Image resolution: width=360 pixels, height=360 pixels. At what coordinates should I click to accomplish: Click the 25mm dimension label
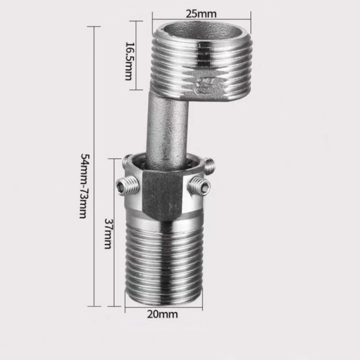pyautogui.click(x=201, y=14)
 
